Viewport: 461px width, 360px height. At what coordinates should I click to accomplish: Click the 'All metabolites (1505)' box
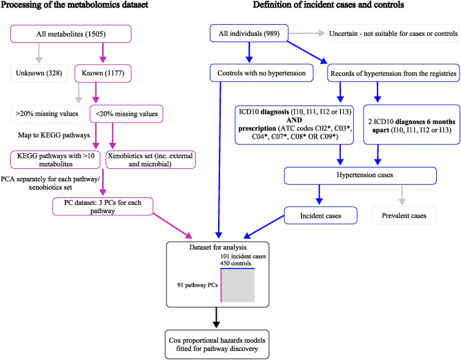click(71, 34)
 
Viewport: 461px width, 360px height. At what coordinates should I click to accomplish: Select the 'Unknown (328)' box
click(39, 73)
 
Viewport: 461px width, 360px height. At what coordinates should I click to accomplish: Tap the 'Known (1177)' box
click(103, 73)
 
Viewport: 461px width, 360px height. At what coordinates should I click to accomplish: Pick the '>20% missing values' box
click(47, 114)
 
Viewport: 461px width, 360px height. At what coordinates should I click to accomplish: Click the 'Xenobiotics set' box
click(150, 160)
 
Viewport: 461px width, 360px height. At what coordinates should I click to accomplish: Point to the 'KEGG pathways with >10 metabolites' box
click(56, 160)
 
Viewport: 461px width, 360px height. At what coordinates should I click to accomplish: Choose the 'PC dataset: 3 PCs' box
click(103, 207)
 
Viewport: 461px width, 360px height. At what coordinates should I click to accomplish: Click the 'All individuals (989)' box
click(249, 33)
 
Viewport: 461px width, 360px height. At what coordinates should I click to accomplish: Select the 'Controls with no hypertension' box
click(262, 73)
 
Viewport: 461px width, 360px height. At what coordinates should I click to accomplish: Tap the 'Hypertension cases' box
click(360, 176)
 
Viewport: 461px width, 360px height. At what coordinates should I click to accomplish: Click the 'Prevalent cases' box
click(404, 215)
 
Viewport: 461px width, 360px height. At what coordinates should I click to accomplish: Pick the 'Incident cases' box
click(320, 215)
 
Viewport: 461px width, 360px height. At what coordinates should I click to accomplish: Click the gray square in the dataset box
click(238, 286)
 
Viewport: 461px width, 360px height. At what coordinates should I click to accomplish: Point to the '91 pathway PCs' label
click(197, 285)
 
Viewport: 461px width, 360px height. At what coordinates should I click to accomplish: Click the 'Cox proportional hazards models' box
click(217, 344)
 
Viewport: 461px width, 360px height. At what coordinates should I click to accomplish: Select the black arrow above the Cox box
click(217, 317)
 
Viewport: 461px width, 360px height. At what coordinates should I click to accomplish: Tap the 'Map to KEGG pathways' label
click(54, 135)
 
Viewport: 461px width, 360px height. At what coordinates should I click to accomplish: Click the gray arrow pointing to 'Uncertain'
click(306, 33)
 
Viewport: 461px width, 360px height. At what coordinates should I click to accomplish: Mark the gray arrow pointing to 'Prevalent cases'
click(402, 195)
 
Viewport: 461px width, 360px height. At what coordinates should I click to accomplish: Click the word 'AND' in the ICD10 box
click(294, 120)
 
